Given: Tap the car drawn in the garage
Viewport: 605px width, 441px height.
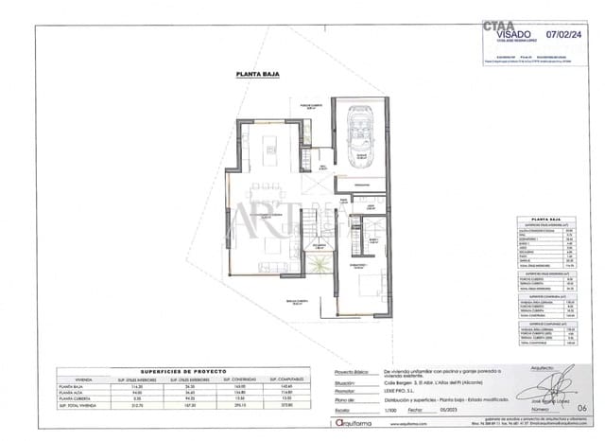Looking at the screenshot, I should coord(360,132).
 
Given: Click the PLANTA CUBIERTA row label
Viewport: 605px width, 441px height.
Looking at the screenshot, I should coord(78,402).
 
